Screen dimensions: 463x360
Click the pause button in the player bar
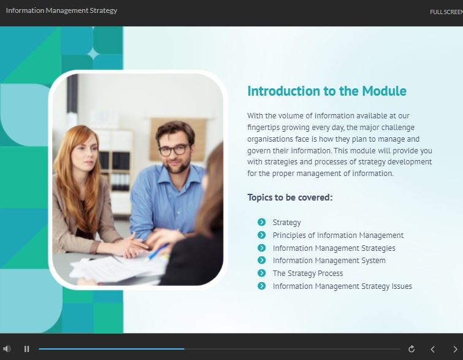[x=26, y=349]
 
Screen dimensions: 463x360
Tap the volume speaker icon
[x=7, y=349]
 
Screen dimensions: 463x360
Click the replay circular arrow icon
[x=411, y=349]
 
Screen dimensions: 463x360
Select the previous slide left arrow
[x=432, y=350]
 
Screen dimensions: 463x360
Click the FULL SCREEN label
[x=446, y=12]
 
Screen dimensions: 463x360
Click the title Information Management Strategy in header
[x=61, y=10]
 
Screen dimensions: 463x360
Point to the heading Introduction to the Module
[x=327, y=91]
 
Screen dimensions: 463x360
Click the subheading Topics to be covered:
[x=290, y=197]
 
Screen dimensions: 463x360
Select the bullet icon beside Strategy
[x=262, y=222]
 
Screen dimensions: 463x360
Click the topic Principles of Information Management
[x=338, y=235]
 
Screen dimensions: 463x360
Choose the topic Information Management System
[x=329, y=261]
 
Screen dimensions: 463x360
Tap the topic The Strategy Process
[x=308, y=273]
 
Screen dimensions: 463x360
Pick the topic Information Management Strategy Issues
[x=342, y=286]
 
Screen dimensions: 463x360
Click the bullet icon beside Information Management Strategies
[x=262, y=248]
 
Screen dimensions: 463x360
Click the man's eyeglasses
[x=174, y=150]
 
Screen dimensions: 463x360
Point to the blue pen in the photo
[x=158, y=251]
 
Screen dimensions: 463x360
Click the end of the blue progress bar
[x=184, y=349]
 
